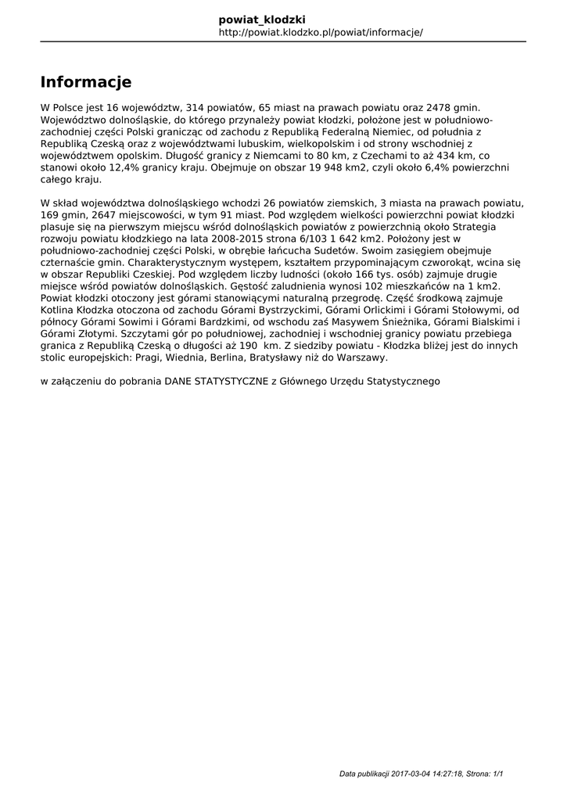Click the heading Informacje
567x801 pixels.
(x=86, y=82)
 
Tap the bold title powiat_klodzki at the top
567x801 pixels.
(x=262, y=19)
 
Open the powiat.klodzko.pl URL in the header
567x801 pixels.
(x=321, y=32)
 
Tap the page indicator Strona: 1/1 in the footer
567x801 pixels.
(x=485, y=774)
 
